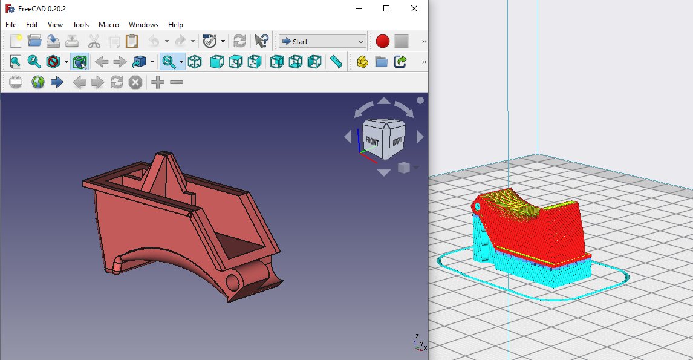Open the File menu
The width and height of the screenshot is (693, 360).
click(11, 25)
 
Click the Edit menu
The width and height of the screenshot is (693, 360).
click(32, 25)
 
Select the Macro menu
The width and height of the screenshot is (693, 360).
click(109, 25)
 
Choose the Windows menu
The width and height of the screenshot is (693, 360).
click(143, 25)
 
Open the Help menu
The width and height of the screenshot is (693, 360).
click(175, 25)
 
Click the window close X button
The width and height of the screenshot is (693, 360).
click(414, 8)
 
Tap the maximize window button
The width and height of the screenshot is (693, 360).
click(386, 8)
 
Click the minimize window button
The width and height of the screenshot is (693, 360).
click(359, 8)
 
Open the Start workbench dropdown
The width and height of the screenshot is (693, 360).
click(322, 41)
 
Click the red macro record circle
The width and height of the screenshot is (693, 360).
click(382, 41)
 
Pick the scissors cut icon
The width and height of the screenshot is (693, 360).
click(94, 41)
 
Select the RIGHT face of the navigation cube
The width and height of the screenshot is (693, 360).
click(397, 142)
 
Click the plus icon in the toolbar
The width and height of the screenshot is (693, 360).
click(158, 82)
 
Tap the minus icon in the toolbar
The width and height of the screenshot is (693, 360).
click(177, 82)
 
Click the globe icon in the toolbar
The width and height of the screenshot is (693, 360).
click(38, 82)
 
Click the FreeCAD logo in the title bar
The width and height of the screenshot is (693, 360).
click(9, 8)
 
